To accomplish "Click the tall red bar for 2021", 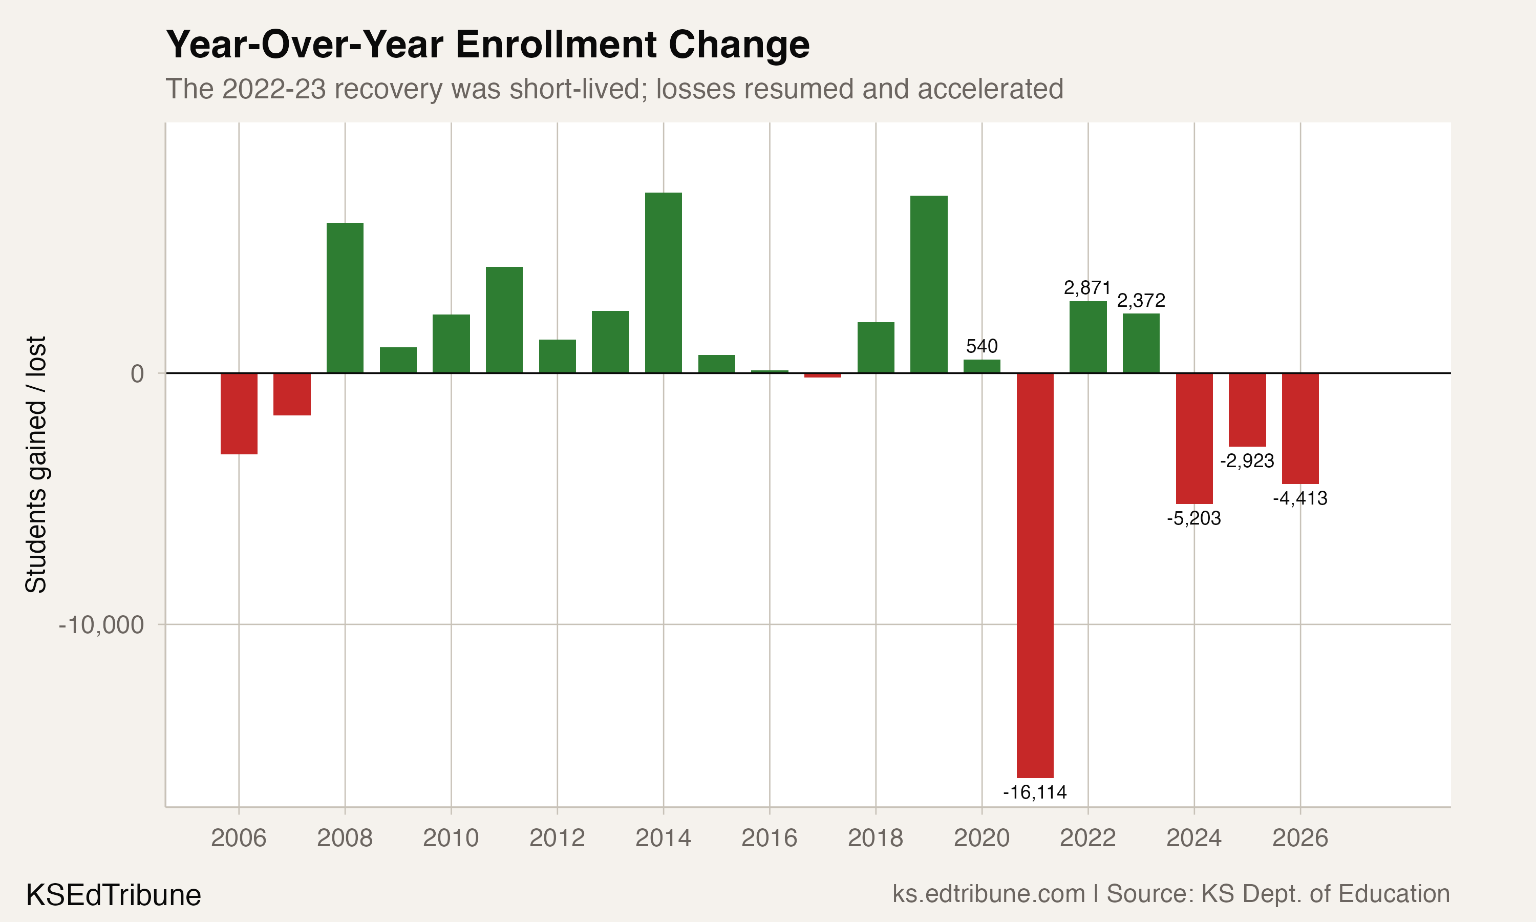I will (1035, 575).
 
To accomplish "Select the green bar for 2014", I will (663, 283).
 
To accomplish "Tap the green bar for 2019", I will (929, 284).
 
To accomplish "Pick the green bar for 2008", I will (345, 298).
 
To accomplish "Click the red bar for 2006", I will (239, 413).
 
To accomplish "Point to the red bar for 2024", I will (1194, 438).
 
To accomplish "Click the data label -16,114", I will (1035, 792).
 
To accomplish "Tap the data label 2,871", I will (1087, 288).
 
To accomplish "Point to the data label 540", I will (982, 346).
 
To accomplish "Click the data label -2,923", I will (1247, 461).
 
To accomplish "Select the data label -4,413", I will (1300, 498).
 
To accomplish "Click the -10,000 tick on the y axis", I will (101, 625).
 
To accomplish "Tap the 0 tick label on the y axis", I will (137, 374).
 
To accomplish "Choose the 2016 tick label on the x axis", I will (769, 838).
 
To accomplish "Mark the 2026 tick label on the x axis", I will (1300, 838).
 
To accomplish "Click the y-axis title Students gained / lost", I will (36, 465).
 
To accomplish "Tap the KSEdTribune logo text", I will (114, 895).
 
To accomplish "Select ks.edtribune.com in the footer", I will (988, 894).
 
